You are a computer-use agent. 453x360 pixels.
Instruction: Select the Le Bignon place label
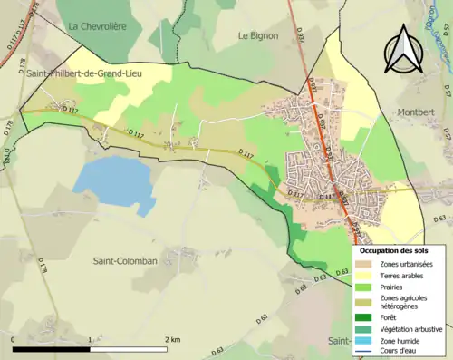258,35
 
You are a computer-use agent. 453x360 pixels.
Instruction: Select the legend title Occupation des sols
394,249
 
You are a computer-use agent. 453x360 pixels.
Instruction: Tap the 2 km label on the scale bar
172,339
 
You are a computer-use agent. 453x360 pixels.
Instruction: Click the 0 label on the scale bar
14,339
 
